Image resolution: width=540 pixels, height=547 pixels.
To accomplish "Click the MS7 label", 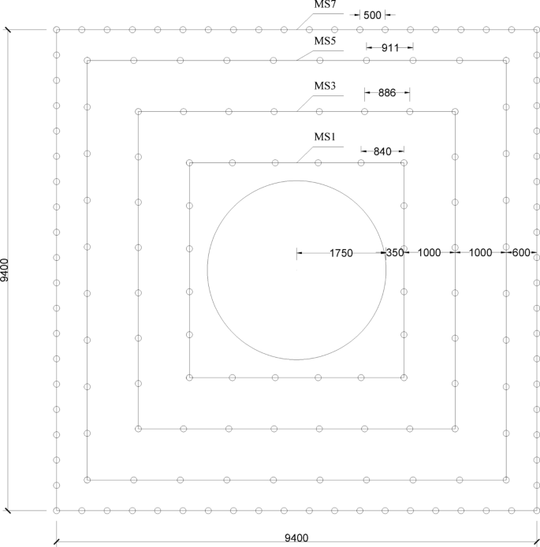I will tap(326, 6).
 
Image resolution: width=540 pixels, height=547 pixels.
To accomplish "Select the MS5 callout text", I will tap(326, 41).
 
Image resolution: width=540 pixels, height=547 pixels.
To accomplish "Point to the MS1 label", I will tap(326, 136).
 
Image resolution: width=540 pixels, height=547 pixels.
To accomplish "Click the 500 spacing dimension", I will tap(373, 15).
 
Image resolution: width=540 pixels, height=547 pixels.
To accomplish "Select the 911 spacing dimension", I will tap(389, 47).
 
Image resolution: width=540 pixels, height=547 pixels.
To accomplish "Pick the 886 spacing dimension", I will tap(386, 93).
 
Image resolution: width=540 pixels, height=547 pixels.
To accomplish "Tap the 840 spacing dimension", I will tap(382, 150).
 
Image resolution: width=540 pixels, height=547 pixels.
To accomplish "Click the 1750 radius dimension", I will tap(341, 253).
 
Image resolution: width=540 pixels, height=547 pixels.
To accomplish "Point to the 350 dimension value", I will tap(394, 253).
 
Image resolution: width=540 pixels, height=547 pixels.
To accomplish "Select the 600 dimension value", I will tap(521, 253).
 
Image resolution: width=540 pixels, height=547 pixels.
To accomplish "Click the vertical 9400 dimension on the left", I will tap(6, 270).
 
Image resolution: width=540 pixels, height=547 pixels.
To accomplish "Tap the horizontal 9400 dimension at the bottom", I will tap(297, 539).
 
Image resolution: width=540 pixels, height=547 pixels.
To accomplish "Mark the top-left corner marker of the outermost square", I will tap(57, 30).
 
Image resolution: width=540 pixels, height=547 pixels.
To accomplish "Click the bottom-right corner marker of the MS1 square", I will tap(404, 378).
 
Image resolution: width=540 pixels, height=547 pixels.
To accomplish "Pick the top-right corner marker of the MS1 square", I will tap(404, 163).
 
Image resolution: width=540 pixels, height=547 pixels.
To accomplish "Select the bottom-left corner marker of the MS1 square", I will tap(189, 378).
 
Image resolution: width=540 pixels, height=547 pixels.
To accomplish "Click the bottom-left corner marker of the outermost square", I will tap(57, 510).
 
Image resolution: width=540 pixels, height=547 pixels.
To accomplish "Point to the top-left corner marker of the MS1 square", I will tap(189, 163).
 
